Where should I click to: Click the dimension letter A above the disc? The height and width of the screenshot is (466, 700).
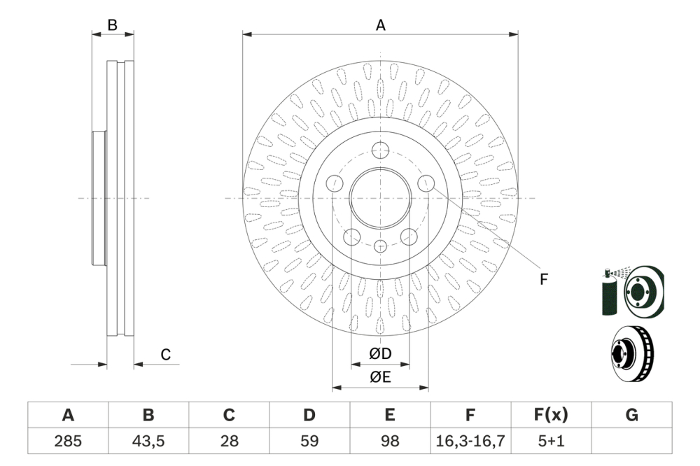(381, 25)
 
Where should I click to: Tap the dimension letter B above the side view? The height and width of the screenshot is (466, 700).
(112, 25)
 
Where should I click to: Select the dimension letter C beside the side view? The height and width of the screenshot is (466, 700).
(166, 355)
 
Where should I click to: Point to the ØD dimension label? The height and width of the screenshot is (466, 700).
(380, 355)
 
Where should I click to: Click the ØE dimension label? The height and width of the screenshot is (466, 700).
(380, 377)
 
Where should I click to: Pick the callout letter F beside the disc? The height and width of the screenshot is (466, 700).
(543, 278)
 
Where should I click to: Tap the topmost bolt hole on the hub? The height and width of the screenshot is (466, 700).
(380, 150)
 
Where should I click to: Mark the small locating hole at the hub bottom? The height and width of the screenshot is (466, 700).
(380, 246)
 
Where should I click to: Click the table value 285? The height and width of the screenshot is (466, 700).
(68, 441)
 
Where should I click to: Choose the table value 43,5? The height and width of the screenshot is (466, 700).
(148, 441)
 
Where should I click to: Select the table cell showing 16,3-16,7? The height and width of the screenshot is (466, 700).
(470, 441)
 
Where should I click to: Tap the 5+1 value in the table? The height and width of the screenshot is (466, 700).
(551, 441)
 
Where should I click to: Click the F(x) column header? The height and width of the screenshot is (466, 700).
(551, 416)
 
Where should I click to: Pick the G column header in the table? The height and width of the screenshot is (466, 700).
(631, 416)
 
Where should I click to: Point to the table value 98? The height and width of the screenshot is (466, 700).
(390, 441)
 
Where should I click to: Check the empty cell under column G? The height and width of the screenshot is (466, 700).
(631, 441)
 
